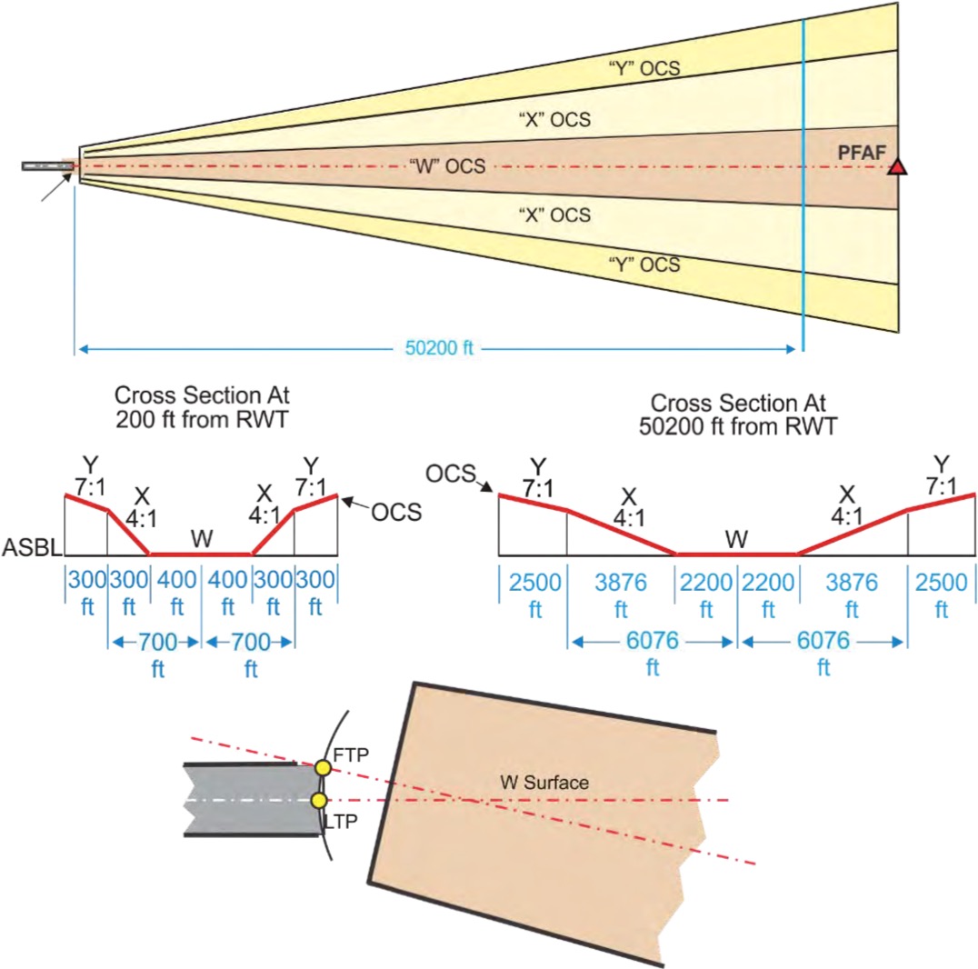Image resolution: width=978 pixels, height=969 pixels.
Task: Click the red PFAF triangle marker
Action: tap(898, 166)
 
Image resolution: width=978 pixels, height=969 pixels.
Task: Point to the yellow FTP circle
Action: tap(322, 768)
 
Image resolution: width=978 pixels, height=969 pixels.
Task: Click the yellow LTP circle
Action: tap(319, 800)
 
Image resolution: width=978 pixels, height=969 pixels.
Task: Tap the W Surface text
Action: tap(544, 782)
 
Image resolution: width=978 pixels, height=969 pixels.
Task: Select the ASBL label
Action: tap(30, 548)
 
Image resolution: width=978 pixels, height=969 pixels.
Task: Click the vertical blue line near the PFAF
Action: tap(803, 182)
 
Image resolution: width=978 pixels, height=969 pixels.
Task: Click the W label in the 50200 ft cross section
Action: tap(736, 540)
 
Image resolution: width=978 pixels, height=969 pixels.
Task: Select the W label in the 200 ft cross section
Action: tap(201, 539)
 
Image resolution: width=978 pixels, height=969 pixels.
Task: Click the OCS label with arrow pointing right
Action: tap(452, 474)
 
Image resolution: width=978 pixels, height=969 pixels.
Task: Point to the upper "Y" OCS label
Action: tap(644, 68)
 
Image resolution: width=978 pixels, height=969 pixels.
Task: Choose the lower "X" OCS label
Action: tap(554, 215)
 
